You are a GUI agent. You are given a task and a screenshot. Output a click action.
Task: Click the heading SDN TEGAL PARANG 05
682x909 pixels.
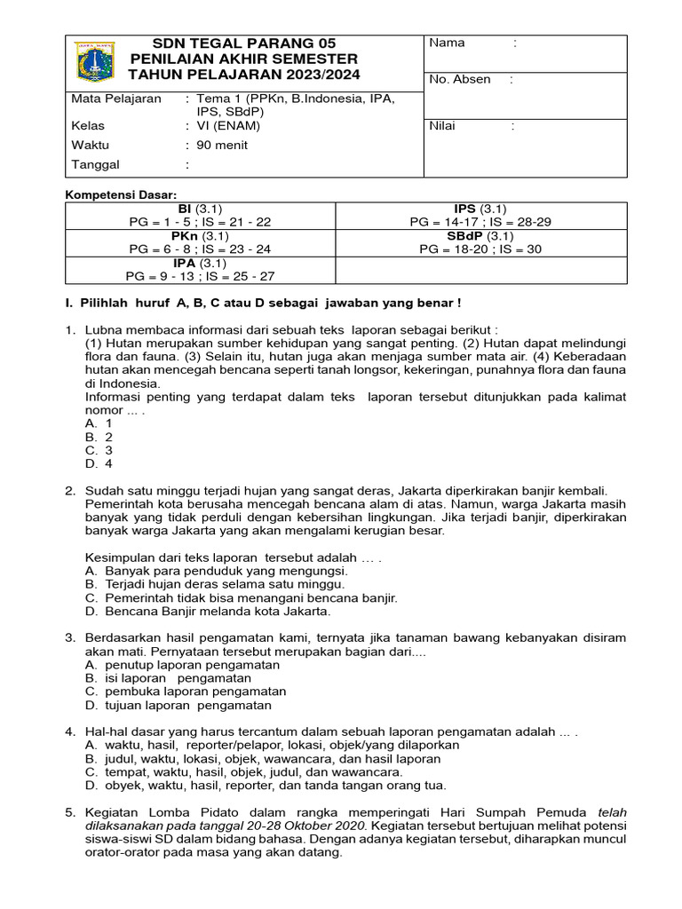pos(244,43)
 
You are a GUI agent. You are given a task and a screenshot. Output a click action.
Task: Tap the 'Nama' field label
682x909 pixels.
pos(447,43)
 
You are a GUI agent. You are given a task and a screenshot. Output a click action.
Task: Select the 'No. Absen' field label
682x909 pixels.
pos(459,79)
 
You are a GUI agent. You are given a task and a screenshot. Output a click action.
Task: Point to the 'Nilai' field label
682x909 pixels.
pos(442,125)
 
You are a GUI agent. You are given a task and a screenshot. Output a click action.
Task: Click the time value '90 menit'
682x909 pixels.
pos(222,145)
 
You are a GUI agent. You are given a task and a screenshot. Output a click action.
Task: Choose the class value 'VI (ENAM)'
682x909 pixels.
pos(228,125)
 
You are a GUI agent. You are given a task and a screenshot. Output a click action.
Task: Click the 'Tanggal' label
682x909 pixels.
pos(94,164)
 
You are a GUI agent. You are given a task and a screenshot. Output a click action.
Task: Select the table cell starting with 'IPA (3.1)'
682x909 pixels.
pos(200,270)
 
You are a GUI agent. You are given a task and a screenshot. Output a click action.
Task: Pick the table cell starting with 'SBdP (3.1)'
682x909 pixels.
pos(480,242)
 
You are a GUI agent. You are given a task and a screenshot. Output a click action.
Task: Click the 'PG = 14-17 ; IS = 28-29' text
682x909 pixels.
pos(480,222)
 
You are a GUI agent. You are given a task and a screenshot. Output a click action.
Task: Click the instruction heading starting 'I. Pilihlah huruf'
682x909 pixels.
pos(264,304)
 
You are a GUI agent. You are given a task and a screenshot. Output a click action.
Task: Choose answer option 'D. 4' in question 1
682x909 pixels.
pos(99,462)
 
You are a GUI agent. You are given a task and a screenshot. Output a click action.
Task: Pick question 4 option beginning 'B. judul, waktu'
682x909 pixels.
pos(263,759)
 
